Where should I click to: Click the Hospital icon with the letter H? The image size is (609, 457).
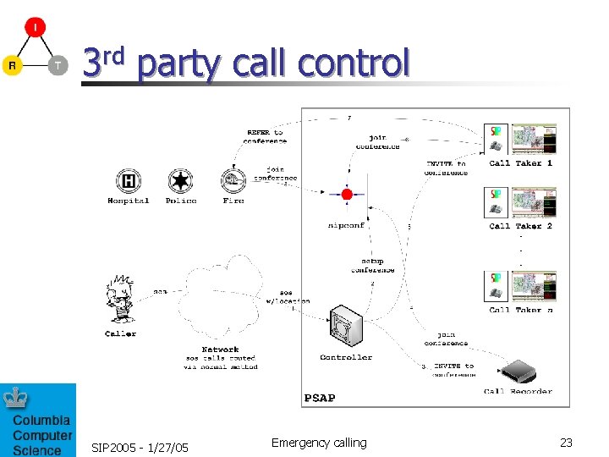129,180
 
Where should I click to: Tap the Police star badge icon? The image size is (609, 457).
179,180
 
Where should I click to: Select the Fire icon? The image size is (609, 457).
233,180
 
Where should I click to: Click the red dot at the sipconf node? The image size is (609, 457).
347,195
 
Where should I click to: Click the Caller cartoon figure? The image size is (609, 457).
120,299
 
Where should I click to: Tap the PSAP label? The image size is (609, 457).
319,397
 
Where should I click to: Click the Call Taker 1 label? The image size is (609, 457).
520,163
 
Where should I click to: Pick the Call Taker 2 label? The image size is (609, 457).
520,226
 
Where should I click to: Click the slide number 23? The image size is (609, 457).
566,443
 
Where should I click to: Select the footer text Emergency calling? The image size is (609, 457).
319,443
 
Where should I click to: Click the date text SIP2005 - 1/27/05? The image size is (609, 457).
140,447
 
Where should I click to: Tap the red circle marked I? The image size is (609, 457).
35,27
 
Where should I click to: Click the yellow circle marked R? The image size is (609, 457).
12,65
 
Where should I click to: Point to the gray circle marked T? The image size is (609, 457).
58,65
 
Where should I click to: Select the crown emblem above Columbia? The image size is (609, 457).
15,398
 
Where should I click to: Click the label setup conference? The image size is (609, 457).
373,265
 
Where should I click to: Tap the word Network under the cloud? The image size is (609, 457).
220,349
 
